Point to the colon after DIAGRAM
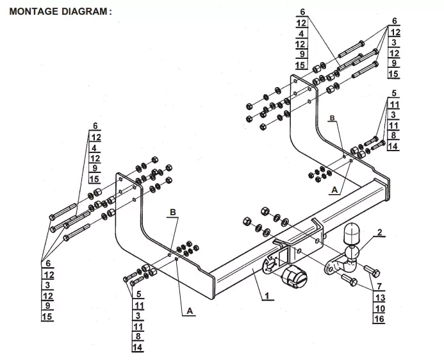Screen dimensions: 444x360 click(x=110, y=12)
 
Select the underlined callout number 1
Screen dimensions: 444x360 click(x=267, y=296)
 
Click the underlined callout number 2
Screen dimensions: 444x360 click(x=379, y=233)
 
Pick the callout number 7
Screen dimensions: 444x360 click(x=379, y=286)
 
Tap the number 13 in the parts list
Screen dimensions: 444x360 click(x=379, y=297)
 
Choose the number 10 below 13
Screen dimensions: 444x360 click(x=379, y=308)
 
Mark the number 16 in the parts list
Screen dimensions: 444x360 click(x=379, y=319)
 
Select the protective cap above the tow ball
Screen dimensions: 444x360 click(x=351, y=233)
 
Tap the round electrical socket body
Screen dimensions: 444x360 click(x=295, y=277)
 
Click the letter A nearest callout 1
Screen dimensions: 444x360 click(x=190, y=311)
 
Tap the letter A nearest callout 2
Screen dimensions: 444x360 click(x=334, y=190)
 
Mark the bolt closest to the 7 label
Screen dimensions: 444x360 click(x=372, y=271)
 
